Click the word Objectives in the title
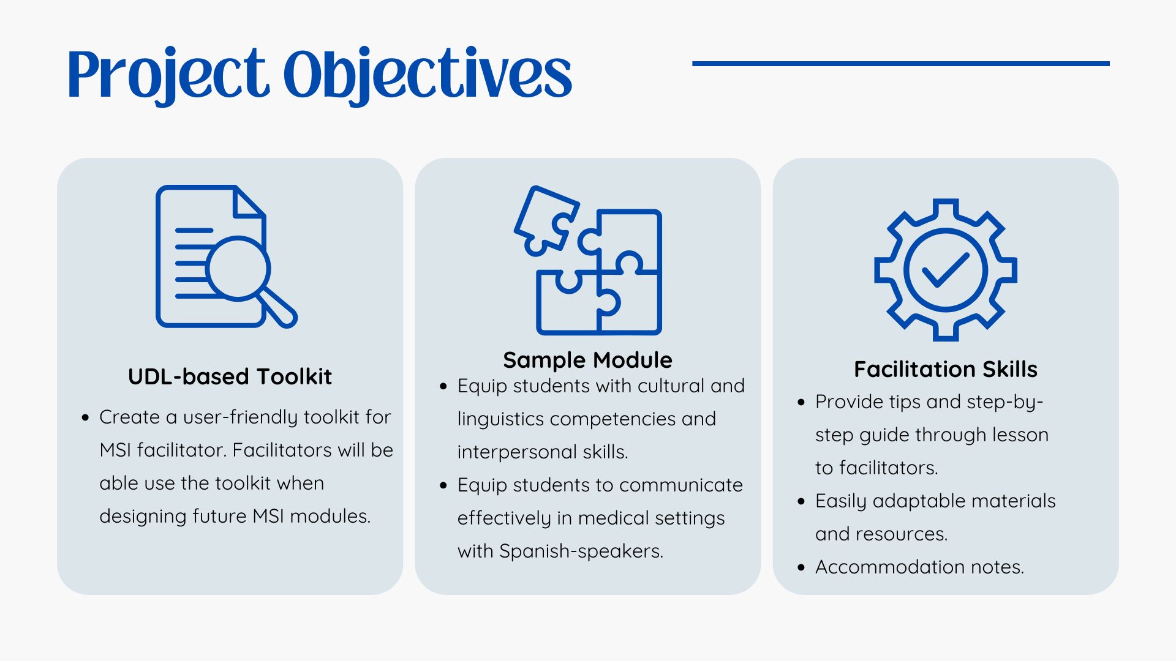[427, 75]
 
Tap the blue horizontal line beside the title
[900, 63]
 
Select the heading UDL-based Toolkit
[230, 376]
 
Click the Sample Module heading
[587, 360]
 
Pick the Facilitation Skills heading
[945, 369]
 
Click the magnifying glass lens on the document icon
[238, 268]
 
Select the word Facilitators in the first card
[282, 450]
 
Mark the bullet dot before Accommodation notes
[801, 567]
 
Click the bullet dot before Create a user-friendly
[85, 417]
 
